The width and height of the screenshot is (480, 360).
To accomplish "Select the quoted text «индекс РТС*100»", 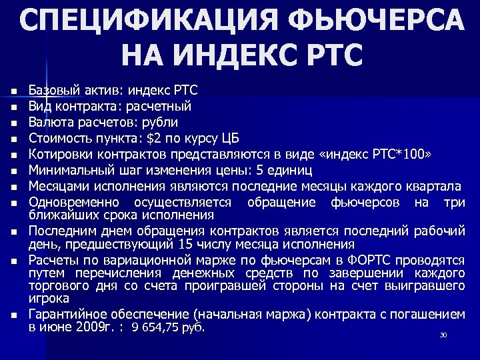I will (x=377, y=154).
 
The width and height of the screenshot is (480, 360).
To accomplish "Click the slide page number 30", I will (x=443, y=335).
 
